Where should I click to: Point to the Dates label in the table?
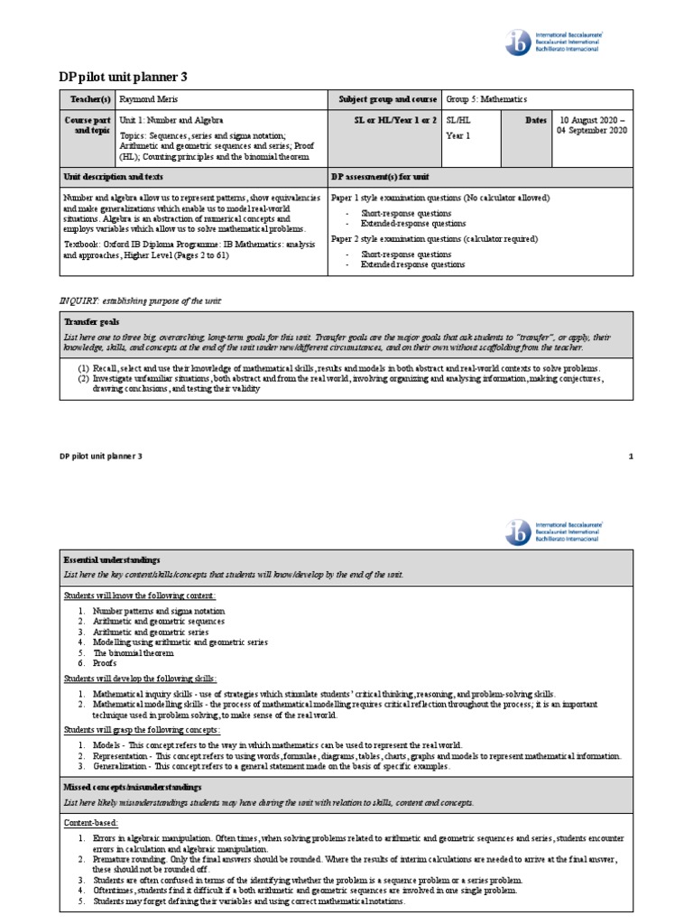(x=536, y=119)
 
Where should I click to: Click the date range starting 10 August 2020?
(x=593, y=125)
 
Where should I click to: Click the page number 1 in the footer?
(x=631, y=457)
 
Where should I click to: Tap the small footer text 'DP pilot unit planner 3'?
(x=100, y=457)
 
